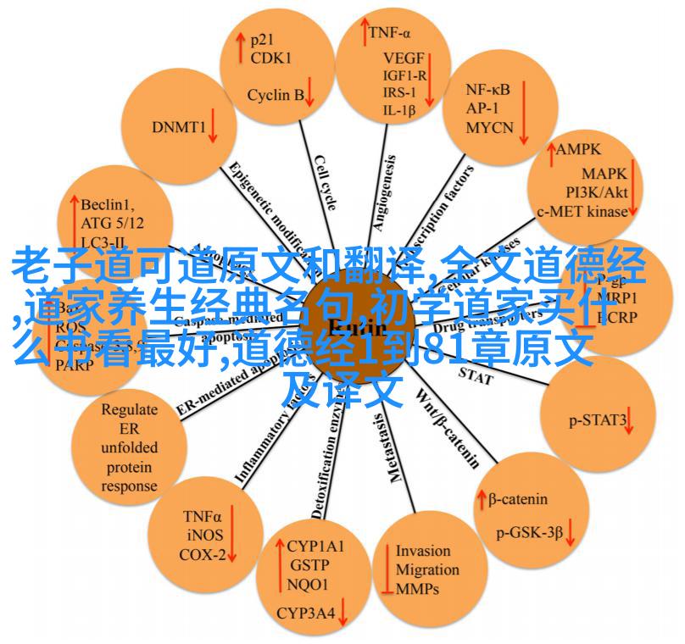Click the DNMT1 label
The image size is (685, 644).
(x=179, y=127)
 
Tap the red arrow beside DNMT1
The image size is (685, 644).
(x=213, y=127)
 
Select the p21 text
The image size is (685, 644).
(x=261, y=39)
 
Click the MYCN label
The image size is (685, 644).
(x=489, y=128)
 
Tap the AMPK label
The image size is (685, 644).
(x=579, y=149)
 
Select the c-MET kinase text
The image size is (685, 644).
(x=582, y=211)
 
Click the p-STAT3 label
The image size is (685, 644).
(x=598, y=419)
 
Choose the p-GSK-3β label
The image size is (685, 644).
(x=530, y=532)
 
